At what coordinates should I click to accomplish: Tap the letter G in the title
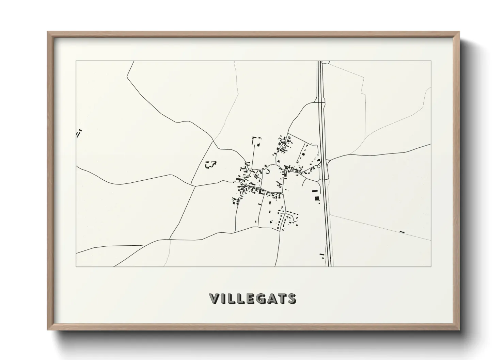[261, 299]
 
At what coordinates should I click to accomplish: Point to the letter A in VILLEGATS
[272, 299]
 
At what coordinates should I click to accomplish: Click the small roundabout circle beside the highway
[319, 166]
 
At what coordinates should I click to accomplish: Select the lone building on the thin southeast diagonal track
[402, 232]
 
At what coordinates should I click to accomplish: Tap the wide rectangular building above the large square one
[315, 191]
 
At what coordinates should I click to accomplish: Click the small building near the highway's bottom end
[321, 254]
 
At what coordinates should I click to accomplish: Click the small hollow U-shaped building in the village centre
[267, 172]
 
